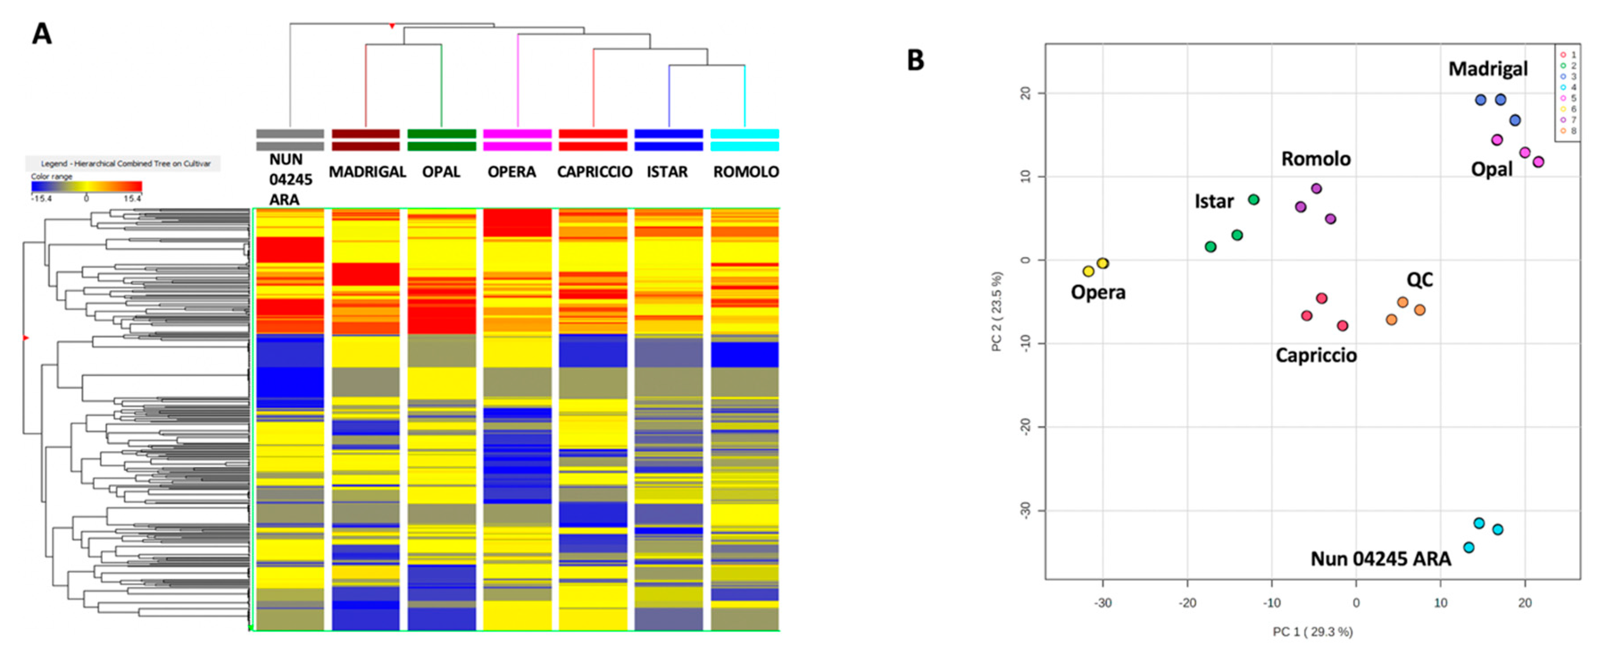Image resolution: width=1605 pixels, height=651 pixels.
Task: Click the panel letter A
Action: click(42, 33)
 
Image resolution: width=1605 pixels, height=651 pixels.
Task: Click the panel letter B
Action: click(915, 60)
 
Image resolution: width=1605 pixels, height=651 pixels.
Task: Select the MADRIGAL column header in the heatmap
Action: click(367, 172)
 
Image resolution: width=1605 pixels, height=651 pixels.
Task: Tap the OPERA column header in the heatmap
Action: click(511, 172)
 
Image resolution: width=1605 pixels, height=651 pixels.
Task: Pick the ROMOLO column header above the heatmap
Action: click(746, 172)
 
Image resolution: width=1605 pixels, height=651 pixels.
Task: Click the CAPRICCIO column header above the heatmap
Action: click(595, 172)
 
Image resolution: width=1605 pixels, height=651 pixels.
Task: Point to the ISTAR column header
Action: click(667, 172)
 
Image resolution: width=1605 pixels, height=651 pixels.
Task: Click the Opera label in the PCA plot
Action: click(1098, 292)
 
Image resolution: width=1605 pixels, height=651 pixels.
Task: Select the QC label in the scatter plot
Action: click(1419, 280)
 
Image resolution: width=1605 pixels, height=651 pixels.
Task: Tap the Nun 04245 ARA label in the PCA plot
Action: click(1380, 559)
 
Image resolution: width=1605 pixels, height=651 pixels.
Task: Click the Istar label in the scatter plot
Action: click(1214, 201)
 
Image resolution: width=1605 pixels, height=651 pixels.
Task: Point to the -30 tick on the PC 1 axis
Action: click(1103, 603)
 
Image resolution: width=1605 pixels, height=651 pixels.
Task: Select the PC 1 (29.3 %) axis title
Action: click(1312, 632)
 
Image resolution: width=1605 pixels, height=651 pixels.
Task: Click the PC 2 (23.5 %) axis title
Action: click(997, 311)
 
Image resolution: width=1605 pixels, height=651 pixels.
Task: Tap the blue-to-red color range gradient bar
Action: click(87, 186)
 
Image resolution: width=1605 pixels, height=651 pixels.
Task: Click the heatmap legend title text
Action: click(125, 164)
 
